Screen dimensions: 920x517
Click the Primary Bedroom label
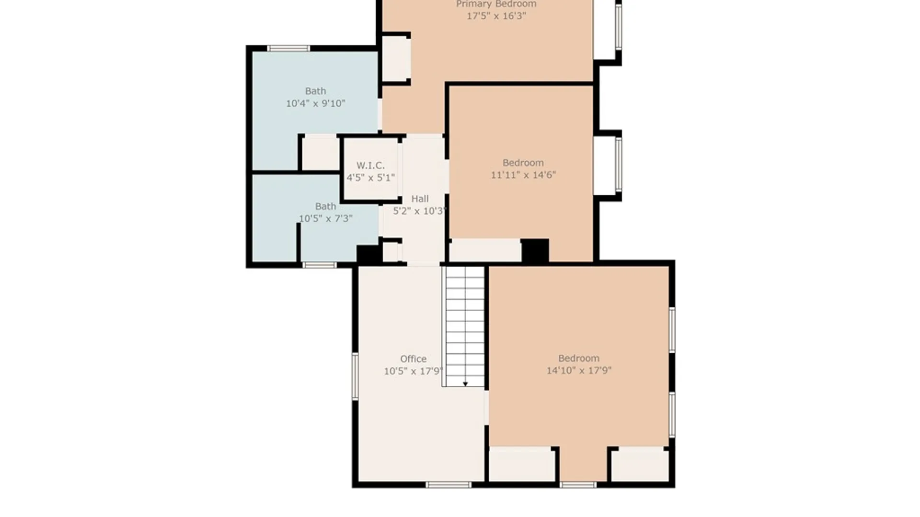click(496, 4)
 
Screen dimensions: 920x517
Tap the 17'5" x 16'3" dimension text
click(496, 16)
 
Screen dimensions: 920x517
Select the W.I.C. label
click(370, 166)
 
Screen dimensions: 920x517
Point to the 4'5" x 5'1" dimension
click(370, 178)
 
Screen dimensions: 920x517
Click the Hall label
click(420, 199)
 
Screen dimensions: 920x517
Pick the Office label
click(413, 359)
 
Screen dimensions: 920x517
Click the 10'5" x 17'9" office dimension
click(413, 371)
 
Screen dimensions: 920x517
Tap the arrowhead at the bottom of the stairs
click(465, 384)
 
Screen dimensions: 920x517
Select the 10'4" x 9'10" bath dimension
click(315, 103)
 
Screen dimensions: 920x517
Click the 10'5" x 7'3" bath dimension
click(325, 219)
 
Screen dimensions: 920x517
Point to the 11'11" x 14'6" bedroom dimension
click(523, 175)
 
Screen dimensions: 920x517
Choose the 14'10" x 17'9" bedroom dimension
click(579, 371)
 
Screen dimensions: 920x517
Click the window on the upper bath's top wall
click(288, 48)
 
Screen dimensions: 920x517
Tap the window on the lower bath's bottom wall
click(319, 265)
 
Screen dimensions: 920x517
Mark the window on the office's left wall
click(355, 376)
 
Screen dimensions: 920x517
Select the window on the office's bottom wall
click(448, 485)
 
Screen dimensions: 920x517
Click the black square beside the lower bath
click(369, 254)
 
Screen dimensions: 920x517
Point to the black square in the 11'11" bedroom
click(535, 251)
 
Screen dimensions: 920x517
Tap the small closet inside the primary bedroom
click(396, 58)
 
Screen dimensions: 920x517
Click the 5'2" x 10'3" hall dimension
click(420, 211)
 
